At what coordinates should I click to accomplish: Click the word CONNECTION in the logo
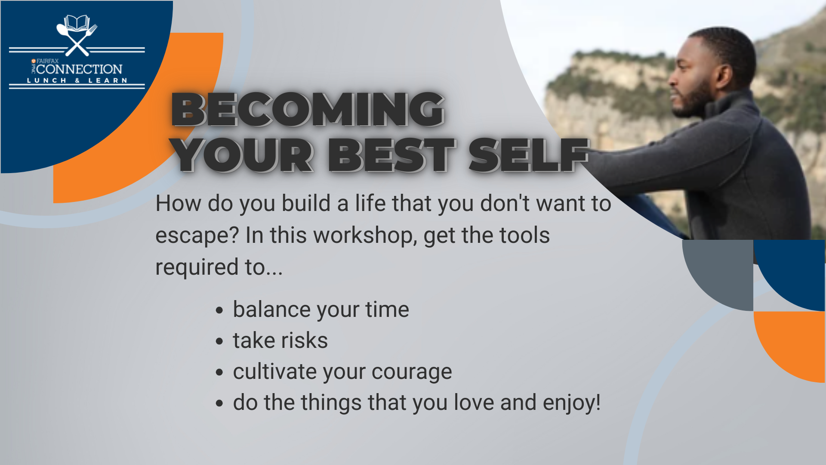click(x=79, y=69)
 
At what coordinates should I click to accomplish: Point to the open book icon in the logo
click(x=77, y=23)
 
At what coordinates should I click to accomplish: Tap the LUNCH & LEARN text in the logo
click(x=77, y=81)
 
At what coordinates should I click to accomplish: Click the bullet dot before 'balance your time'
click(x=220, y=310)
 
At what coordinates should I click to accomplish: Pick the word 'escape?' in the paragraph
click(x=197, y=236)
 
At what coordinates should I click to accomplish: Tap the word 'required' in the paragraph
click(x=197, y=267)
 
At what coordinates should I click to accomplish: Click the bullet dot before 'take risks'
click(x=220, y=341)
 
